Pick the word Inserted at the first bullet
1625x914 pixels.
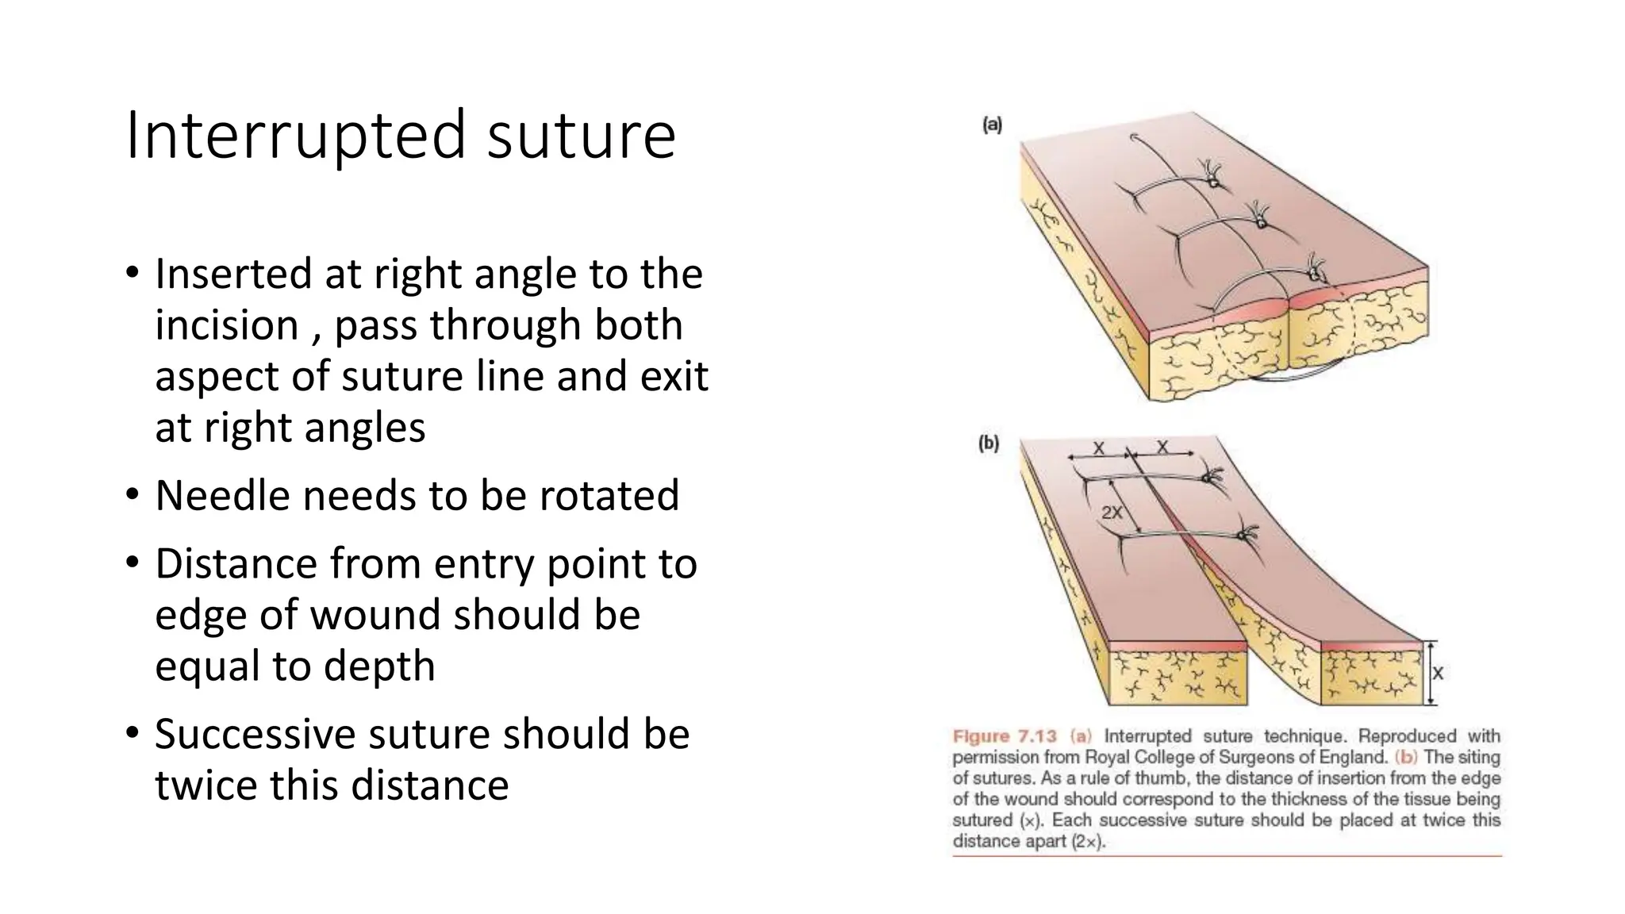pyautogui.click(x=233, y=274)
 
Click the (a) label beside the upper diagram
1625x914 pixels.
pyautogui.click(x=992, y=125)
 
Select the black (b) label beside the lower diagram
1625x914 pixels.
pyautogui.click(x=988, y=444)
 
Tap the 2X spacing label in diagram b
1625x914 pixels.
pyautogui.click(x=1112, y=513)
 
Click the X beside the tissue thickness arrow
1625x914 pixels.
pyautogui.click(x=1437, y=674)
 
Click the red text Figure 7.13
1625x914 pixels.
pyautogui.click(x=1005, y=736)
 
